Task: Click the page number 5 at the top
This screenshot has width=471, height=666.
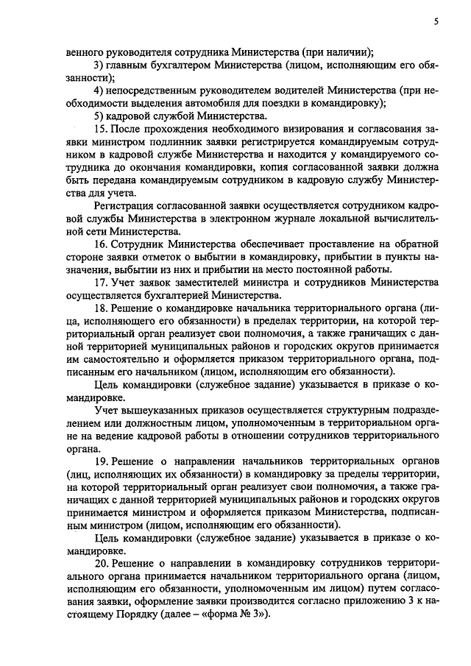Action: click(436, 22)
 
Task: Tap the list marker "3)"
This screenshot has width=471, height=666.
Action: click(99, 65)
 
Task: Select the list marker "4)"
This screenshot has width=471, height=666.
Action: click(99, 91)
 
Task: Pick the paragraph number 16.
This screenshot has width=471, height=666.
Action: click(101, 242)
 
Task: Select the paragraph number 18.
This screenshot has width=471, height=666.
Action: click(101, 307)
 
